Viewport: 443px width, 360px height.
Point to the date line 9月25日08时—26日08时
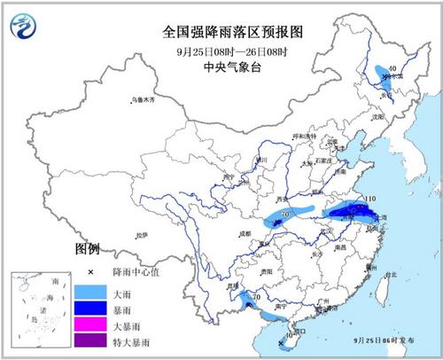pos(222,48)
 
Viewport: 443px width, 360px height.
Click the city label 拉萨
pos(143,234)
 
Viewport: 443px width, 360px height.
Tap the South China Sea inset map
pos(40,311)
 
